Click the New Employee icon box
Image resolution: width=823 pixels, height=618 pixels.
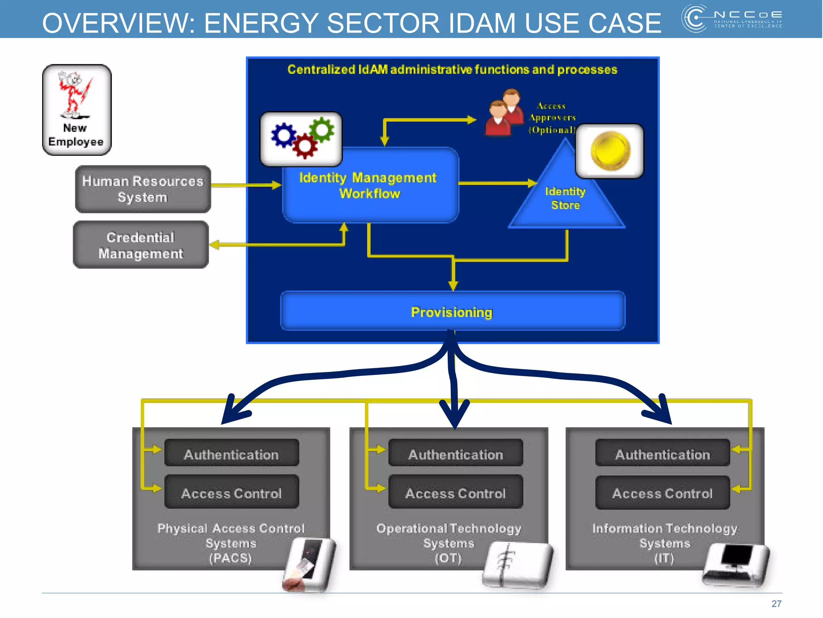77,109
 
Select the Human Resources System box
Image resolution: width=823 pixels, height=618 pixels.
143,189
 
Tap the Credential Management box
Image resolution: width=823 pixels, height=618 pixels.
141,245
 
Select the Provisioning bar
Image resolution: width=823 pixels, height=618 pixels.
452,312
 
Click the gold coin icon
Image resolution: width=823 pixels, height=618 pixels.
610,151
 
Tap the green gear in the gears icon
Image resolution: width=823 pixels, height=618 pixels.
322,130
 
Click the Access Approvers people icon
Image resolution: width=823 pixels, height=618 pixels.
504,113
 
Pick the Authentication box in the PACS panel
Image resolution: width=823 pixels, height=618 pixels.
231,454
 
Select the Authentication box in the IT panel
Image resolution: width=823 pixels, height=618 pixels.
662,454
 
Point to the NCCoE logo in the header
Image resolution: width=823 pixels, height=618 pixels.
731,19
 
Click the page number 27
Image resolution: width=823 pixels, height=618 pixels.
776,604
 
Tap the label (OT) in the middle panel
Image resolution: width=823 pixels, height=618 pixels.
448,558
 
